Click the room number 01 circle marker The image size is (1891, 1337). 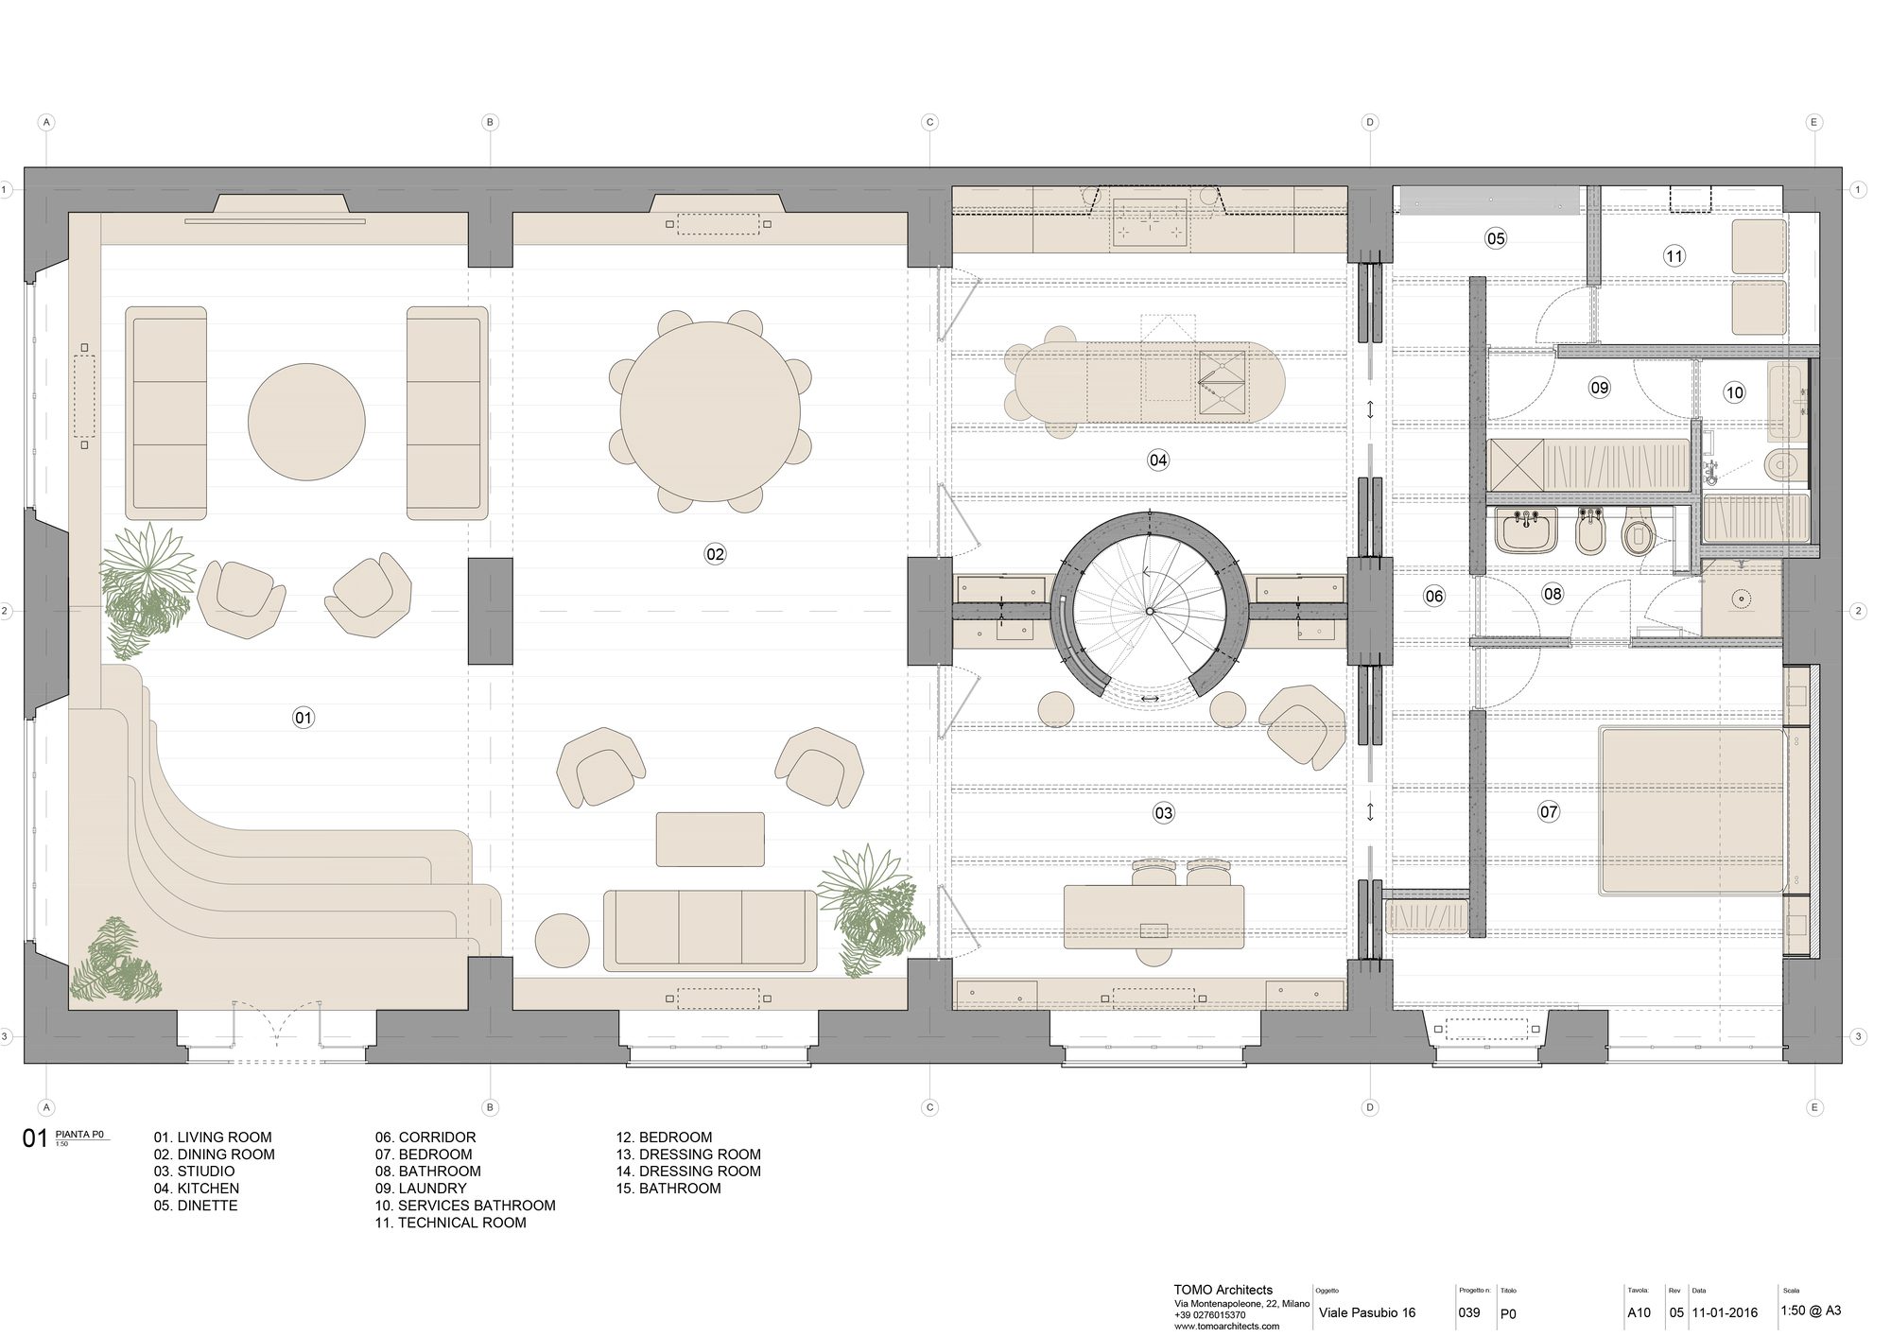pos(303,718)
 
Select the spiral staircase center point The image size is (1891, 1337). pos(1149,612)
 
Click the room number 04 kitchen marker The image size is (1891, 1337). pos(1158,460)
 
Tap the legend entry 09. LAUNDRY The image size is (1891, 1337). pos(421,1189)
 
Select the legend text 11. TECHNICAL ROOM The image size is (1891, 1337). pos(450,1223)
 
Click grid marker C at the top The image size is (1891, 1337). pos(929,122)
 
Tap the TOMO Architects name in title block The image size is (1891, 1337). pos(1223,1290)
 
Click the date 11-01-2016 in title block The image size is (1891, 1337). pos(1725,1312)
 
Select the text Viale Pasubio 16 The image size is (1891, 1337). pos(1366,1312)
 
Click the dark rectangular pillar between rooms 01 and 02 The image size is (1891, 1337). pos(490,611)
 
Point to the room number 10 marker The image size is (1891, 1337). pos(1734,392)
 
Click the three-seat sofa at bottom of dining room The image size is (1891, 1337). pos(710,930)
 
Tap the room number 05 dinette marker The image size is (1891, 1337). pos(1495,238)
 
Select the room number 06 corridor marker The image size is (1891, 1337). pos(1434,596)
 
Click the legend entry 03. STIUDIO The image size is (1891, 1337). pos(194,1172)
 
